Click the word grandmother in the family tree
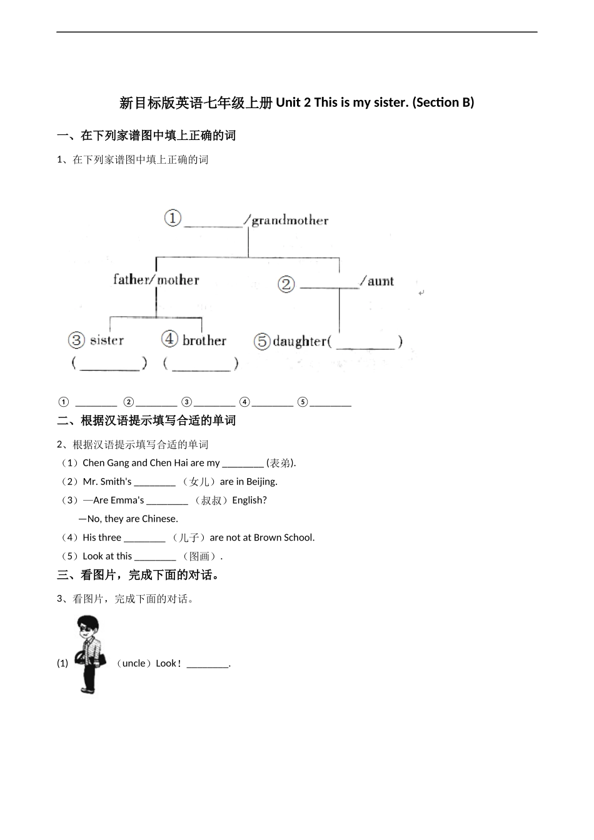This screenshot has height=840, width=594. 289,220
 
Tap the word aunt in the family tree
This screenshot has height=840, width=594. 380,281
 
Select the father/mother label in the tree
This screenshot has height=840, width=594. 156,279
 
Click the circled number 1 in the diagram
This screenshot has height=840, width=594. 173,218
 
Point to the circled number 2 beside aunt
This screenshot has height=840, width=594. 286,284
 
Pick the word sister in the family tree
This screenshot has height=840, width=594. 107,341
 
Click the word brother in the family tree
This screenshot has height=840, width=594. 204,341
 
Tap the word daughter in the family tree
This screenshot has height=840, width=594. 300,341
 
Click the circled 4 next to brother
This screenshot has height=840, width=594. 170,339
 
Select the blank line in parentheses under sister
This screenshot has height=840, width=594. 109,364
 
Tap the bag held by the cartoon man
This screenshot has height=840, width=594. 81,657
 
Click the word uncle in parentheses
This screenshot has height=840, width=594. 133,663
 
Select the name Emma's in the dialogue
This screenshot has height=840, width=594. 127,500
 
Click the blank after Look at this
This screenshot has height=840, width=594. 155,556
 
